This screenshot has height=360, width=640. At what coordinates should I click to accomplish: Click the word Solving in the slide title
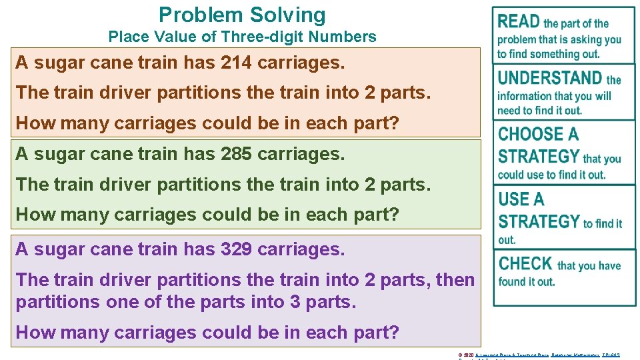click(288, 15)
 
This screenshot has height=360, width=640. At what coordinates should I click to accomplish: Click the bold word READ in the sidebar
click(519, 22)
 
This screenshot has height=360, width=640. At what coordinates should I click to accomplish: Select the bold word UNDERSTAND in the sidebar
click(550, 79)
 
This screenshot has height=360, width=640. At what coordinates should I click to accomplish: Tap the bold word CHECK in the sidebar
click(525, 264)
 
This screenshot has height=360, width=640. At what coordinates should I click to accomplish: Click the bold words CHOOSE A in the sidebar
click(538, 135)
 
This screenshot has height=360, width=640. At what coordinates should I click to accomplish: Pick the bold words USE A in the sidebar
click(521, 199)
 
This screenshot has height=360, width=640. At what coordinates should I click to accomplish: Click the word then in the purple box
click(455, 280)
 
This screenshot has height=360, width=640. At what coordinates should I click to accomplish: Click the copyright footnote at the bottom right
click(539, 355)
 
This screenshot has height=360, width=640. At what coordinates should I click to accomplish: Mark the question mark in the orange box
click(394, 123)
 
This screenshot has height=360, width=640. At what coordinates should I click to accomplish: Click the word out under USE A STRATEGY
click(507, 240)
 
